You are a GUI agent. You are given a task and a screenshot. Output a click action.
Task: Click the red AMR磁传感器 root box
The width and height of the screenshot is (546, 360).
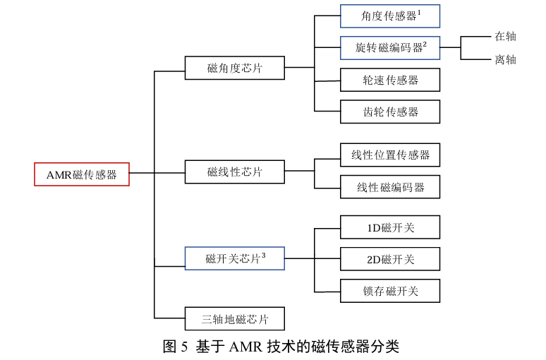pos(82,174)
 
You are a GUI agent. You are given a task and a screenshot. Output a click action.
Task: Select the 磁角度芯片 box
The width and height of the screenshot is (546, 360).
pos(235,68)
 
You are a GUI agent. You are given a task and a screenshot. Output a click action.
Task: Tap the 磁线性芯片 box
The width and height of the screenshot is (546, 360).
pos(235,172)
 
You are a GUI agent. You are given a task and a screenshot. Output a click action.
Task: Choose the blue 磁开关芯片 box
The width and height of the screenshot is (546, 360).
pos(235,258)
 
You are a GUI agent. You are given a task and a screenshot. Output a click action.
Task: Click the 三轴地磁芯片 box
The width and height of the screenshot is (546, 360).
pos(235,319)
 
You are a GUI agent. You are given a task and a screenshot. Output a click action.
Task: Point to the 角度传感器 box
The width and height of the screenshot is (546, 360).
pos(390,16)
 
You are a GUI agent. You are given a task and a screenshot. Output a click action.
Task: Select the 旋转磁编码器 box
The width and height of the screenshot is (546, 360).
pos(390,48)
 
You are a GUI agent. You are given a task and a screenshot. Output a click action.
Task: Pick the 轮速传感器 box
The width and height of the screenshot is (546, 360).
pos(390,80)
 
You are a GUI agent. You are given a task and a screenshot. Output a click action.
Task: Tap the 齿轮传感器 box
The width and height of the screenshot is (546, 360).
pos(390,112)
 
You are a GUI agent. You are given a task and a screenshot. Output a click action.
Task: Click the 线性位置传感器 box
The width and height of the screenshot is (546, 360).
pos(390,155)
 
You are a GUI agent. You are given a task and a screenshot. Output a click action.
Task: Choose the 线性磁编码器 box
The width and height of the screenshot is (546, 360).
pos(390,187)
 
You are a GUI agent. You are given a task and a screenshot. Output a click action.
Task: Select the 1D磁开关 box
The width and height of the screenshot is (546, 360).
pos(390,227)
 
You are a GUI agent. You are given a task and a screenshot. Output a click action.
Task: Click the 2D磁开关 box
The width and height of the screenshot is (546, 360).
pos(390,259)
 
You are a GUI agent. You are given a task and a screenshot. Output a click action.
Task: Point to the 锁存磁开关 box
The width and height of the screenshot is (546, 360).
pos(390,291)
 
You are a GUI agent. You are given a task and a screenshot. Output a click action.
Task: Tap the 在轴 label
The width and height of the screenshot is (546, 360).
pos(505,36)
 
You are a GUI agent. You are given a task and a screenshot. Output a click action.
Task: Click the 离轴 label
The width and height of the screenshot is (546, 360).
pos(505,59)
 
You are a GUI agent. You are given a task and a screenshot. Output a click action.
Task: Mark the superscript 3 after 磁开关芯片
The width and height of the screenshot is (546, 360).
pos(263,254)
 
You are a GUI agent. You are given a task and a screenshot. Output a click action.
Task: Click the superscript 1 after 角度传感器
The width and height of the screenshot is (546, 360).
pos(419,12)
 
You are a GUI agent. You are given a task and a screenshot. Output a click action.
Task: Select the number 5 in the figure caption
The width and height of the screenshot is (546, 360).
pos(184,347)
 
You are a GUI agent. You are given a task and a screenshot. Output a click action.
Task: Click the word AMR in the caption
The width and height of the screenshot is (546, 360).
pos(246,347)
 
